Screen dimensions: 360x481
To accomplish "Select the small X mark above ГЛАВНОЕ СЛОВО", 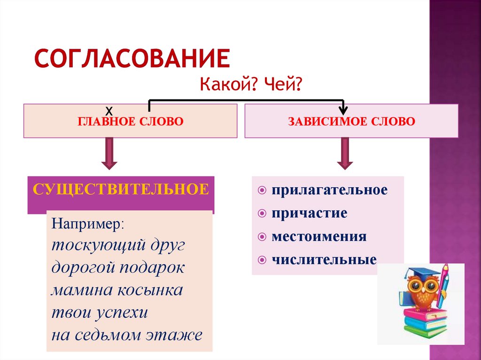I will click(109, 111).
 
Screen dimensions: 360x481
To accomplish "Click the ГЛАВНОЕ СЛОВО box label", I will click(130, 122).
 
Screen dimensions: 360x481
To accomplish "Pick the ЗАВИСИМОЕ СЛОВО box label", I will click(351, 122).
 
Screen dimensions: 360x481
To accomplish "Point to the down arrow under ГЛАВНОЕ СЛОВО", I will click(109, 153).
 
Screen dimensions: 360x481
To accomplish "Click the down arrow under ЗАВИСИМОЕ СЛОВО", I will click(345, 153).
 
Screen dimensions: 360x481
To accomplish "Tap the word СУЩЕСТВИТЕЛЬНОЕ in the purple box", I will click(121, 190).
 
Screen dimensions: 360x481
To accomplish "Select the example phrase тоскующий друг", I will click(118, 245).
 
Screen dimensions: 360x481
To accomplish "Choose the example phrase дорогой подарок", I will click(118, 268).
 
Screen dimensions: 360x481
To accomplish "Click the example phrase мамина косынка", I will click(117, 290).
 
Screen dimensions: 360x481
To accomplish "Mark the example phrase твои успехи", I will click(100, 313).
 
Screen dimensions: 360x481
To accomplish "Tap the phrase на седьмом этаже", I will click(127, 335).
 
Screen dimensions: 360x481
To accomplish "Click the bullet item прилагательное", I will click(329, 190).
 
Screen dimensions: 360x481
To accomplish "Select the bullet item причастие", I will click(309, 213).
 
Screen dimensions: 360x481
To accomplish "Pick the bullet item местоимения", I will click(318, 236).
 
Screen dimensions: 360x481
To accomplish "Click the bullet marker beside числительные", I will click(262, 260).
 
